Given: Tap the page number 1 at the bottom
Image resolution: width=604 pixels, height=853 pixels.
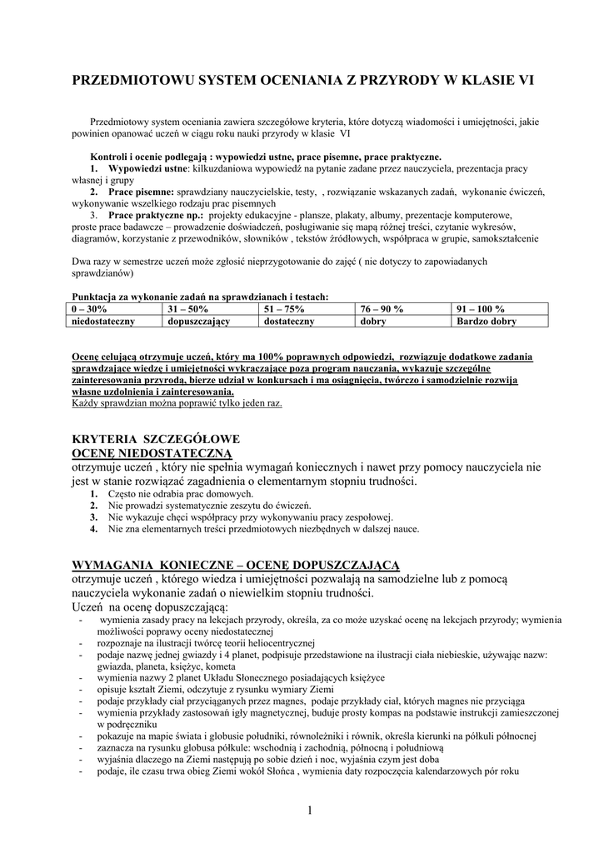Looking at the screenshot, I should [308, 811].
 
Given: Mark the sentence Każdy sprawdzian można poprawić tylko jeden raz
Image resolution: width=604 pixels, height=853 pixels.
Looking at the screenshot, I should [177, 403].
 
